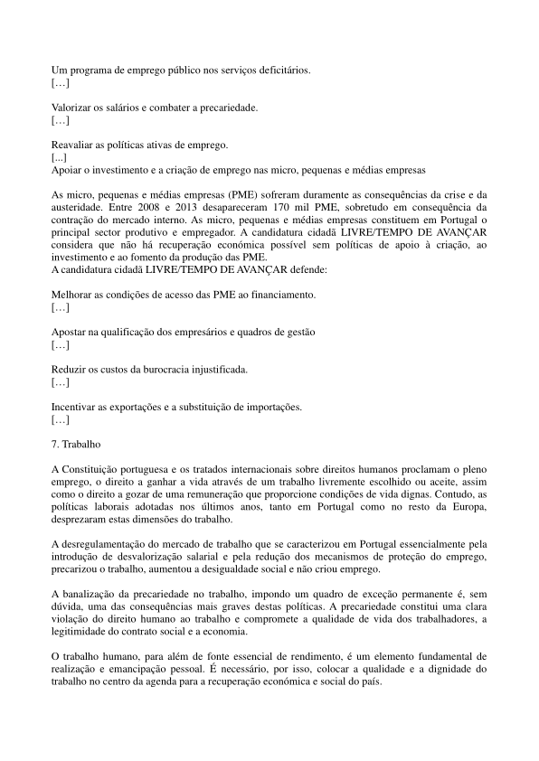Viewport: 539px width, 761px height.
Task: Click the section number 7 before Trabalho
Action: coord(55,445)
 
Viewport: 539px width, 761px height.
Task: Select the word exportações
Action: coord(137,406)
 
